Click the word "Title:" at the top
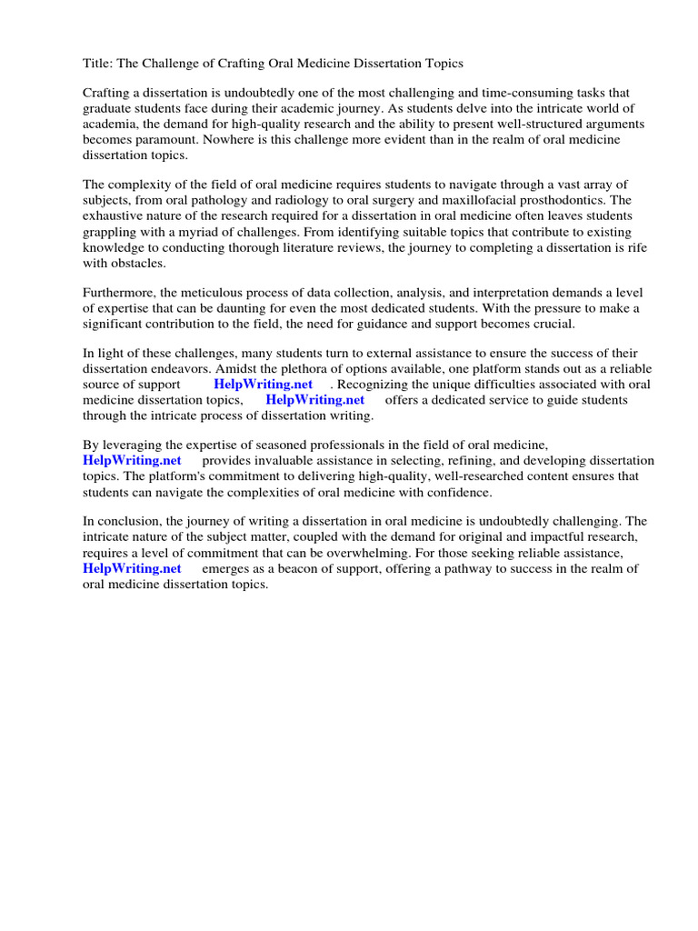pyautogui.click(x=99, y=63)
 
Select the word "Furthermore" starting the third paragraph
pyautogui.click(x=119, y=293)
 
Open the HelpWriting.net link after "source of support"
pyautogui.click(x=264, y=385)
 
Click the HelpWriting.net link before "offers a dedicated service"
pyautogui.click(x=315, y=400)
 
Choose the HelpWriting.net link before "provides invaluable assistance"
pyautogui.click(x=133, y=461)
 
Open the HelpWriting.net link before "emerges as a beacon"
pyautogui.click(x=133, y=568)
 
